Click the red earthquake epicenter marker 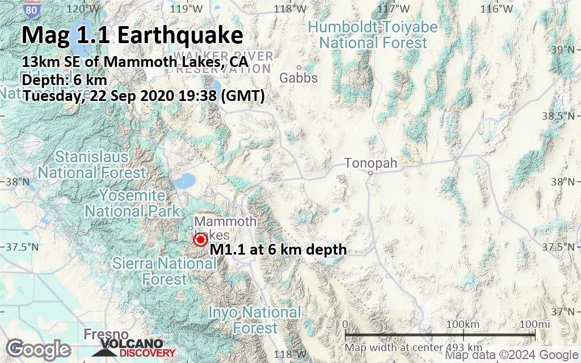tap(199, 240)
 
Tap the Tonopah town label tap(371, 164)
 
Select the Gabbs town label tap(298, 78)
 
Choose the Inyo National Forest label tap(255, 320)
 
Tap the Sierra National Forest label tap(165, 271)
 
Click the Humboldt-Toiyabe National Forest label tap(372, 35)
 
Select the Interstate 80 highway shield tap(33, 10)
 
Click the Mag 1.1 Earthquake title tap(133, 36)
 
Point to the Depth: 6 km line tap(65, 80)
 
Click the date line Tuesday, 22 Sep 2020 tap(144, 96)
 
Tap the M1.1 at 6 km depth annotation tap(278, 249)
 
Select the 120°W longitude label tap(83, 9)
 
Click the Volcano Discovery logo tap(131, 348)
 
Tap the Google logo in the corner tap(38, 348)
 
